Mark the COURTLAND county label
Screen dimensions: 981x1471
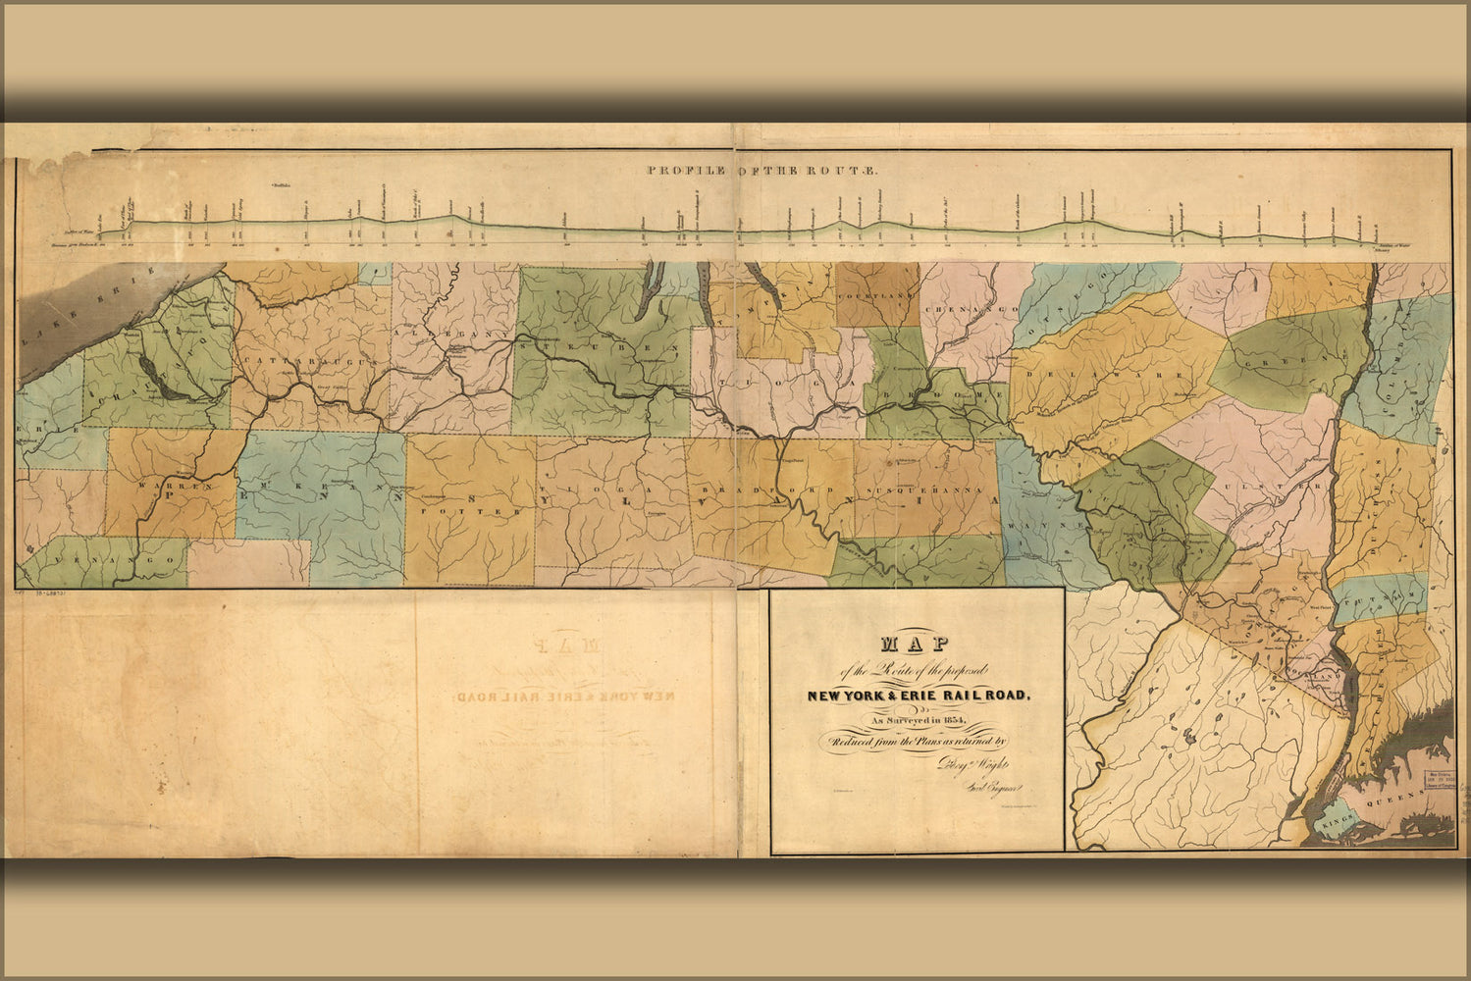coord(876,295)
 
